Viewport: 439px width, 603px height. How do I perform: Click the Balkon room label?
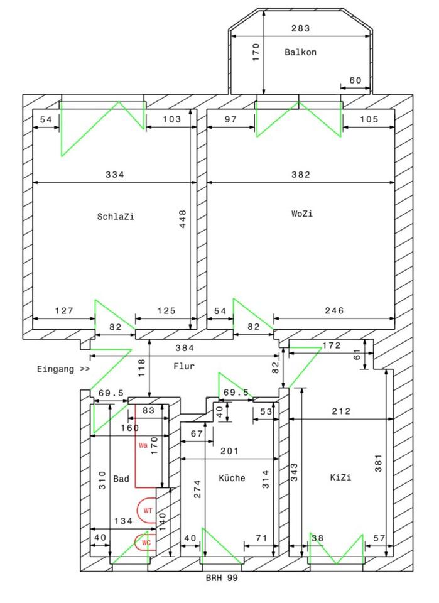300,53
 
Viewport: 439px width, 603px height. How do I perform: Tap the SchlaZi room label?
116,217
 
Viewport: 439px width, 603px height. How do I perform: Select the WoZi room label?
301,214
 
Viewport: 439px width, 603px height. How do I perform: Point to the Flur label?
185,365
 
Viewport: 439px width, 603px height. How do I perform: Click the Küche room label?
232,478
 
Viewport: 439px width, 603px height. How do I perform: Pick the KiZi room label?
340,478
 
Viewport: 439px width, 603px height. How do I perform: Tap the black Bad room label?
121,479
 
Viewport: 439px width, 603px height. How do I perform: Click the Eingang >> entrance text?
63,369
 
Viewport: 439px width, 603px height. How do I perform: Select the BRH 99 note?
222,577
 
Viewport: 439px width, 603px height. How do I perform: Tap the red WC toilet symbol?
146,542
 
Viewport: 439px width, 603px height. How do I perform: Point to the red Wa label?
143,445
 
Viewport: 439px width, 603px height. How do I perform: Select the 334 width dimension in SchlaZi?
114,175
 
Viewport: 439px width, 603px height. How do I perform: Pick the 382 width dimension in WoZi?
301,175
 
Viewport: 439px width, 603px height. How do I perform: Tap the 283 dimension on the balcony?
301,28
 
